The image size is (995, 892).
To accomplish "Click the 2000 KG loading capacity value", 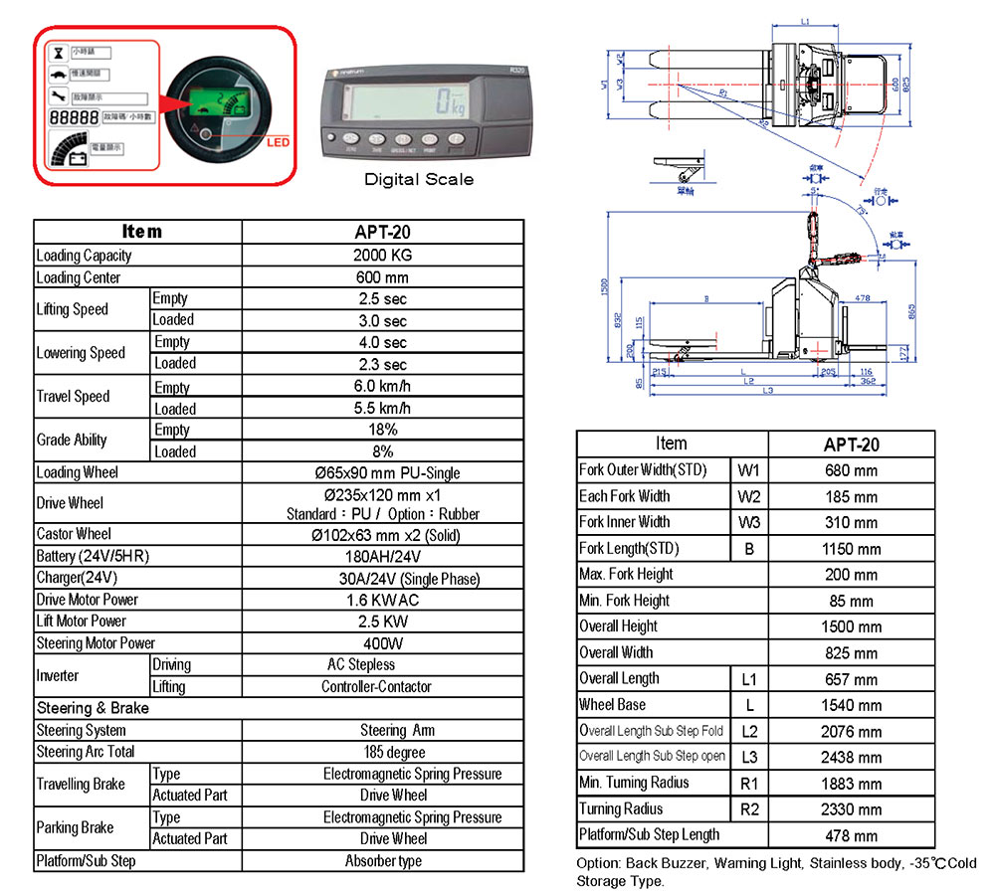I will point(382,256).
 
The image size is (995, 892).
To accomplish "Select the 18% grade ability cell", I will point(382,430).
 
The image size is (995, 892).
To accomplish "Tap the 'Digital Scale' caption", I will point(419,179).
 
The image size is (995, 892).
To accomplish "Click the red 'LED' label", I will point(279,142).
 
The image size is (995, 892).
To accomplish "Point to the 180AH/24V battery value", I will point(382,557).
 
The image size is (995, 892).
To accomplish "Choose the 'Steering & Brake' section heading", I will point(93,708).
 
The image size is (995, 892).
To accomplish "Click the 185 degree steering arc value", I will point(382,752).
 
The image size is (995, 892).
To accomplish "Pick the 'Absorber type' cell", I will point(382,861).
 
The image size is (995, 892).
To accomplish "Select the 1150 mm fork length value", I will point(851,549).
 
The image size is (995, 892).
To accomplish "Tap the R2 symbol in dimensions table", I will point(749,809).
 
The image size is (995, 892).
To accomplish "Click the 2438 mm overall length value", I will point(851,758).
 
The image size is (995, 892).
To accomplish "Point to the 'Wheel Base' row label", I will point(612,705).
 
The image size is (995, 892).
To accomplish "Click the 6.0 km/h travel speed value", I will point(382,386).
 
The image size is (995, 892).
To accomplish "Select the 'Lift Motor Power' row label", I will point(82,622).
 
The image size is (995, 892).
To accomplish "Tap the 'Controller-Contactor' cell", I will point(382,686).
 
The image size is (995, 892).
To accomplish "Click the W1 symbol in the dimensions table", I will point(749,470).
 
